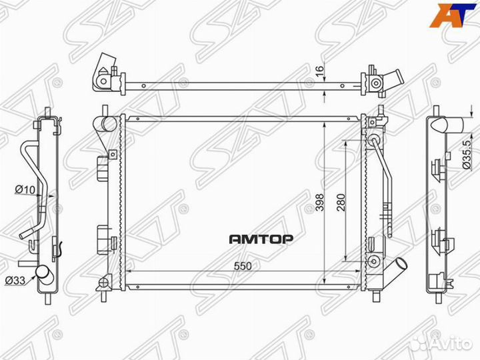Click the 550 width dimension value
(243, 266)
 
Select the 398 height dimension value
(320, 203)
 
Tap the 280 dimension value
(341, 203)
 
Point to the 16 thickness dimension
(319, 71)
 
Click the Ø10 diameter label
(25, 190)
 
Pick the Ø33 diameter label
(15, 280)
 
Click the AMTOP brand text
(261, 239)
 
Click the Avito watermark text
(453, 344)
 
